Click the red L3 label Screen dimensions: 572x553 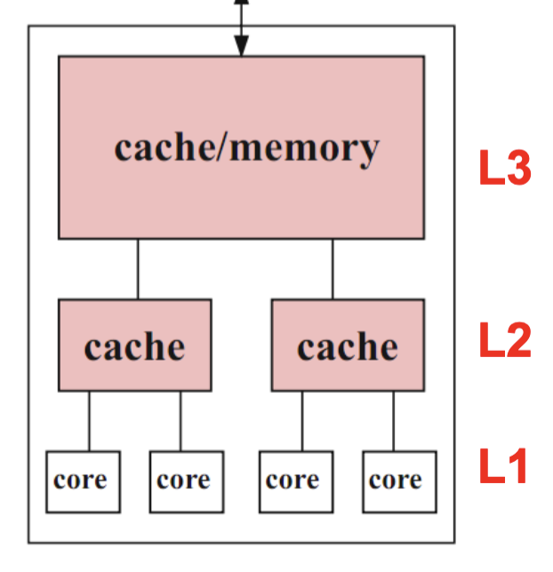click(x=504, y=169)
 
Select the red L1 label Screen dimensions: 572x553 click(x=504, y=468)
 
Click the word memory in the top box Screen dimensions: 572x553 click(x=305, y=147)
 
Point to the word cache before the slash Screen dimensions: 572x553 click(x=166, y=147)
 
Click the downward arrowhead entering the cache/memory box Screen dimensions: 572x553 click(x=241, y=49)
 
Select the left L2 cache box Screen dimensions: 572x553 click(x=135, y=346)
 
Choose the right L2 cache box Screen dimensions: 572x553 click(x=348, y=346)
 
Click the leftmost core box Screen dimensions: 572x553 click(x=83, y=481)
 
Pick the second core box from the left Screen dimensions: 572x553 click(x=186, y=481)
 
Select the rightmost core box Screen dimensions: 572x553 click(x=399, y=481)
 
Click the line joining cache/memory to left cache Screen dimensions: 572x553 click(x=138, y=269)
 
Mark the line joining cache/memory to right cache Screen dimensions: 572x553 click(x=333, y=269)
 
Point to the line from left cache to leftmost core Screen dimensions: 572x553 click(x=89, y=421)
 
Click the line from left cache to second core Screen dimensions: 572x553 click(x=180, y=421)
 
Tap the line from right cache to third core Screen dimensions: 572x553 click(x=302, y=421)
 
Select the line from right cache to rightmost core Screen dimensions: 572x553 click(x=394, y=421)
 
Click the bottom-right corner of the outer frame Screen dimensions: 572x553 click(x=454, y=542)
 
